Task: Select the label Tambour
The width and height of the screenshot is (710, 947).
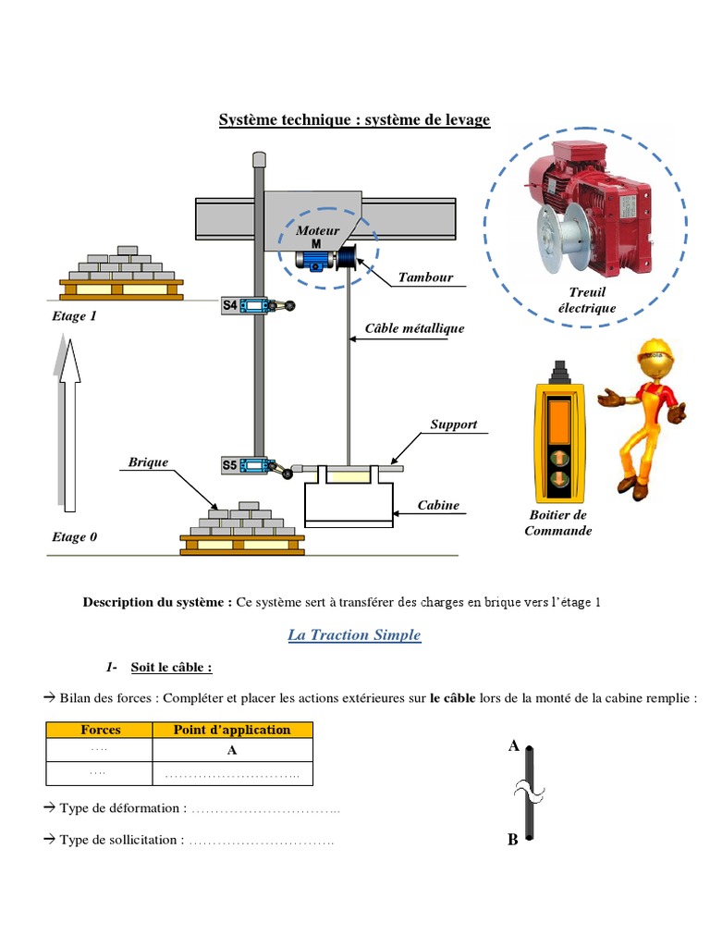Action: [x=425, y=277]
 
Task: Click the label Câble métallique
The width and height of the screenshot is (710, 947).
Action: [x=414, y=328]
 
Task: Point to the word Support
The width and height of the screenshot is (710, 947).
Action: [x=453, y=424]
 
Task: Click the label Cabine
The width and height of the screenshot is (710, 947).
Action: [x=438, y=506]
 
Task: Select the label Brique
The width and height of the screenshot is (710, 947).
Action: [x=149, y=461]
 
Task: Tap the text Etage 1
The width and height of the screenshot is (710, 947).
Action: [x=74, y=316]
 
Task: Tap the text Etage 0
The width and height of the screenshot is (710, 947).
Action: [x=74, y=536]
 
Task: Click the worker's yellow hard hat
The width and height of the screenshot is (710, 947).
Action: [x=653, y=354]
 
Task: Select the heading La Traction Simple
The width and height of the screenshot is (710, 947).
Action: [x=354, y=635]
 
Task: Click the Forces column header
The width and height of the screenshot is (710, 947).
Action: [x=100, y=730]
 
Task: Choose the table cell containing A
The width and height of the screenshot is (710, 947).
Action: [x=231, y=750]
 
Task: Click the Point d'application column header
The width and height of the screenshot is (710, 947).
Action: [x=231, y=730]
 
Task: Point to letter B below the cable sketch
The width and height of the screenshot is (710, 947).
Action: [x=512, y=840]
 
